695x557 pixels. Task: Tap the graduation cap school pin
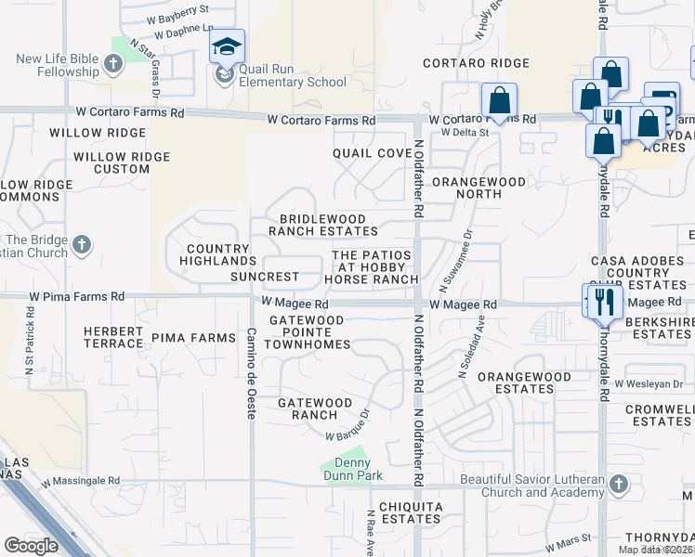(x=227, y=46)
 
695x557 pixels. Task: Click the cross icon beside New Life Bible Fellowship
(x=113, y=65)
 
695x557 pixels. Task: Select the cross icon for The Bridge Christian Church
(x=82, y=245)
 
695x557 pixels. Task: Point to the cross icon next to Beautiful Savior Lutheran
(x=620, y=485)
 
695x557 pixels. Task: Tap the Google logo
(x=31, y=546)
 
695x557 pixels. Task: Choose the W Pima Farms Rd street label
(x=79, y=297)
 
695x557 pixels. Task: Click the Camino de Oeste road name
(x=251, y=373)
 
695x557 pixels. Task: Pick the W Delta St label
(x=465, y=133)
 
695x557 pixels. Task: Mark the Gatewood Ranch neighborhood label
(x=315, y=408)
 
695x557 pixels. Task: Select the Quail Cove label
(x=372, y=153)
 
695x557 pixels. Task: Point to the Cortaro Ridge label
(x=476, y=64)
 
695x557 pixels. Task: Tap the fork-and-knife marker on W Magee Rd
(x=605, y=299)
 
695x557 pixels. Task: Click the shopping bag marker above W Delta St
(x=499, y=102)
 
